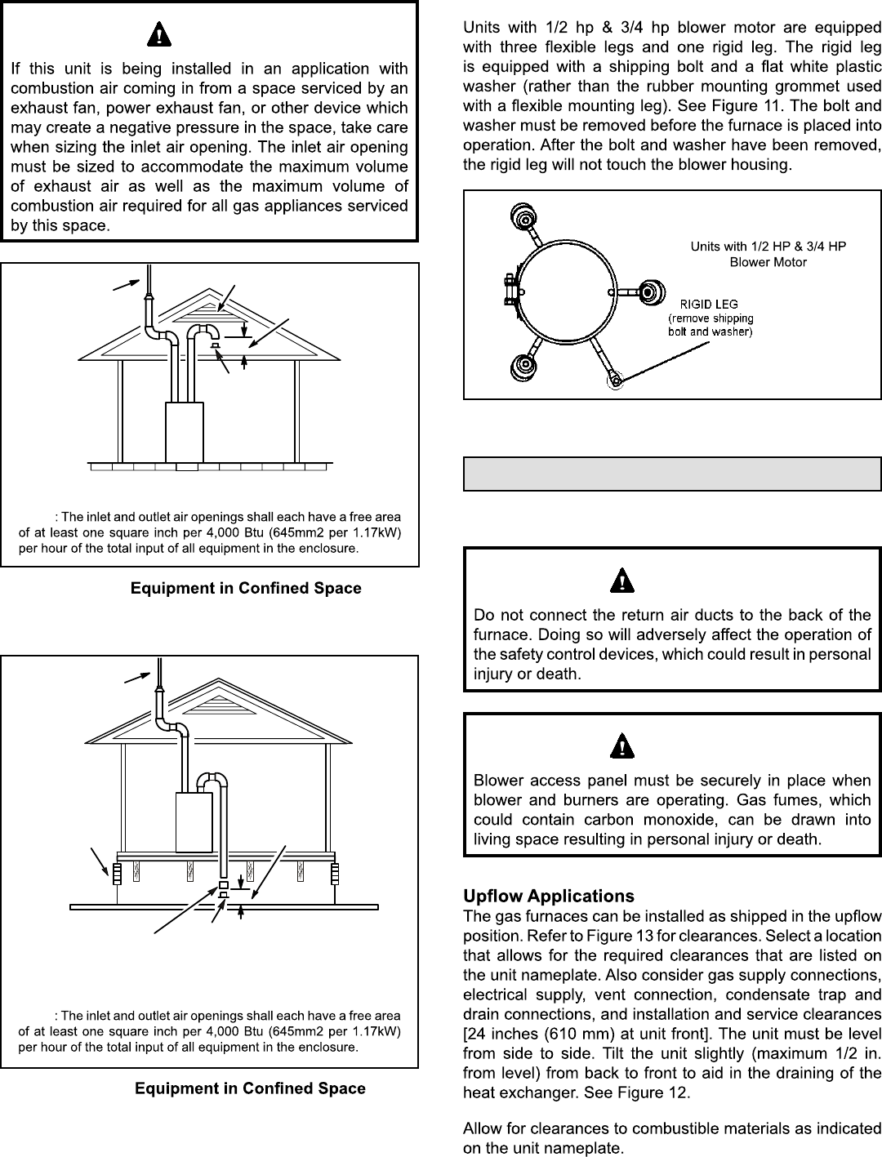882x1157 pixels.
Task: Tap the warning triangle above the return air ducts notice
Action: point(622,581)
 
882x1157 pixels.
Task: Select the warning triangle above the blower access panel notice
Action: point(622,746)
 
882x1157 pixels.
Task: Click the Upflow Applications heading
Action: point(548,897)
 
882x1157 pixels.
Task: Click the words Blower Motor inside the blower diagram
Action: point(768,262)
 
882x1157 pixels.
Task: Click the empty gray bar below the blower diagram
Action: point(672,474)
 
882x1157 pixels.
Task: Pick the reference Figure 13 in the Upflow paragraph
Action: point(576,936)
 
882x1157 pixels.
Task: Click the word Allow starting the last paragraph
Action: point(481,1128)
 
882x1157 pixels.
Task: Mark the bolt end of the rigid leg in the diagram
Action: point(613,378)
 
